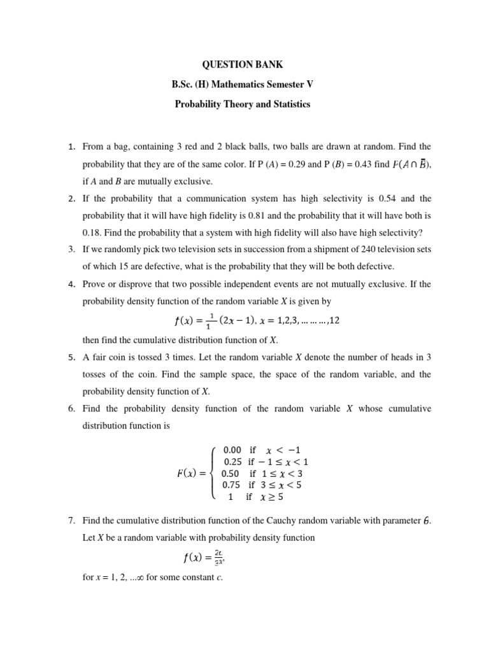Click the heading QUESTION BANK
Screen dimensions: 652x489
(243, 64)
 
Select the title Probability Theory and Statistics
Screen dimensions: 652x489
(243, 104)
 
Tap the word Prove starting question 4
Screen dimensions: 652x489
(94, 283)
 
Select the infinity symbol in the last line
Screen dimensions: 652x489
(136, 578)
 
